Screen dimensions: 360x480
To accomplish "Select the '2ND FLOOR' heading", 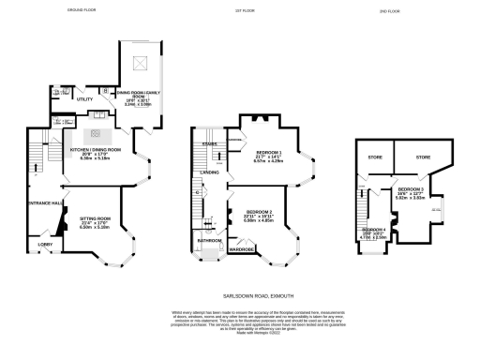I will [389, 11].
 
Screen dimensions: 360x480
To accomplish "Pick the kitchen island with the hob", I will [95, 134].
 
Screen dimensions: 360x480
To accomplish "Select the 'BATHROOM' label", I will [209, 240].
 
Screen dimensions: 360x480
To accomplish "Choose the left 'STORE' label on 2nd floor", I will [373, 158].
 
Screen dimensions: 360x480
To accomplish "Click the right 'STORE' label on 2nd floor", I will [423, 158].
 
